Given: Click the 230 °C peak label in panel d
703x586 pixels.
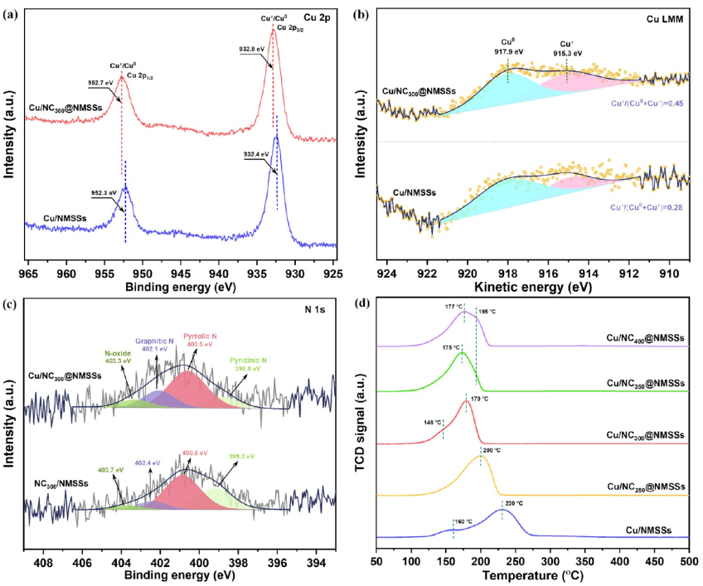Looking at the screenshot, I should (x=514, y=503).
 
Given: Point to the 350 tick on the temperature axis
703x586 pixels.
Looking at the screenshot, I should (x=585, y=561).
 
